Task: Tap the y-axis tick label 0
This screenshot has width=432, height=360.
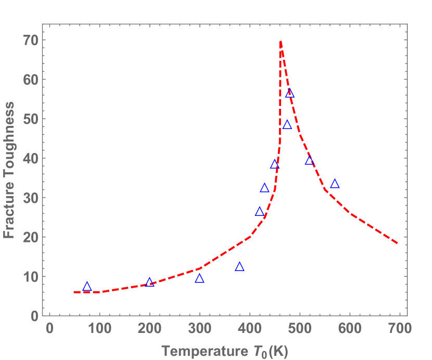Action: click(34, 316)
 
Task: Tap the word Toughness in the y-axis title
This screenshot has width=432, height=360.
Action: click(9, 148)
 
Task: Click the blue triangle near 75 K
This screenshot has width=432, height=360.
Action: click(87, 287)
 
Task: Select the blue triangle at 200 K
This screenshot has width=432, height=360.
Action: click(149, 282)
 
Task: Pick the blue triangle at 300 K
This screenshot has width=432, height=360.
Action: click(199, 279)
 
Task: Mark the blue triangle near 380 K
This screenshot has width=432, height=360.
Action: click(239, 267)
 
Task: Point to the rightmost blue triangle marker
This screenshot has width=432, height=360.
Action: click(335, 184)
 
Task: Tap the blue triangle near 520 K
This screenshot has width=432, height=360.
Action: click(310, 161)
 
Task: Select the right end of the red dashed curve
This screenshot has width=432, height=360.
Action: click(398, 243)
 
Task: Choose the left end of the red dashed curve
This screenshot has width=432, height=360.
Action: click(74, 292)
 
